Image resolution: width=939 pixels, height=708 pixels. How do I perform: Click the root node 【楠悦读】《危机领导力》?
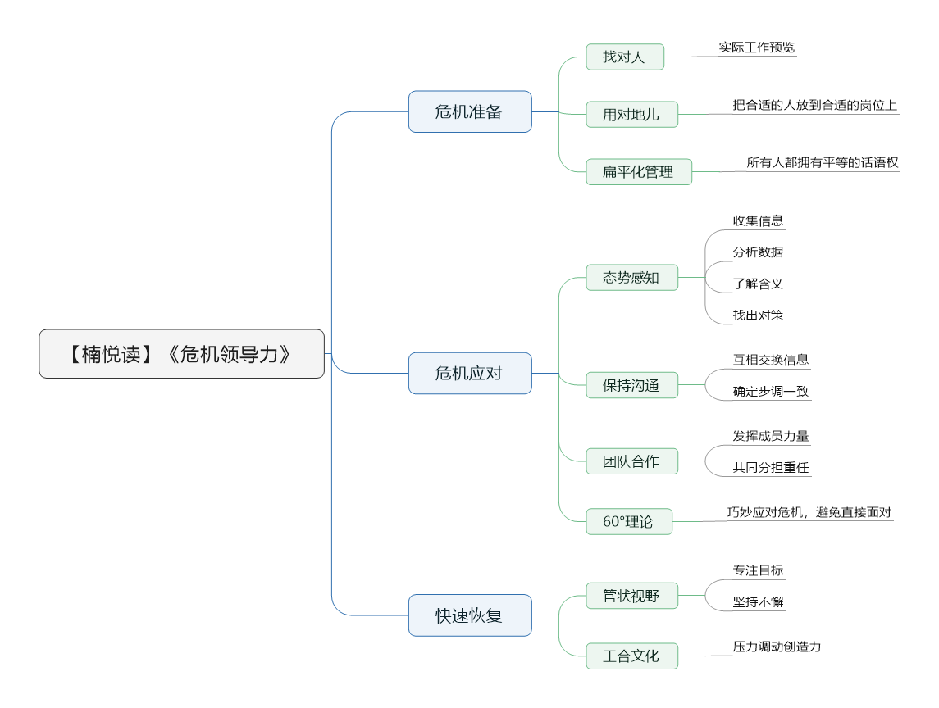tap(181, 354)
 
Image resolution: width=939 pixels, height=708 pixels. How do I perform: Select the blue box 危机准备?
tap(470, 112)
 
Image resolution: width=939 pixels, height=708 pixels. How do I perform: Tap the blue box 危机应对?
tap(470, 374)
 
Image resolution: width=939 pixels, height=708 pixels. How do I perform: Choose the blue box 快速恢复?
tap(470, 615)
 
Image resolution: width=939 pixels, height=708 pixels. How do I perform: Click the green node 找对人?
tap(625, 57)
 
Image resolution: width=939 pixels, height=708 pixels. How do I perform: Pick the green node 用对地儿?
tap(631, 114)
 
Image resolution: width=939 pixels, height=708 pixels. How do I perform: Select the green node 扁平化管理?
tap(638, 172)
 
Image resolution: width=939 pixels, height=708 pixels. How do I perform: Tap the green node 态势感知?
tap(631, 278)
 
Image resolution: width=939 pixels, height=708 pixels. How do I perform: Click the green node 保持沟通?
tap(631, 385)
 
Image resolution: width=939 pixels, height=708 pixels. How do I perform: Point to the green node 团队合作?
tap(631, 461)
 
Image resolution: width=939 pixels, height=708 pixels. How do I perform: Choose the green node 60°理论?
tap(629, 521)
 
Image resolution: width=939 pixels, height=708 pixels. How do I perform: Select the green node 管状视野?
tap(631, 596)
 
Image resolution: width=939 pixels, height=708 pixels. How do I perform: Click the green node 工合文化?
tap(631, 656)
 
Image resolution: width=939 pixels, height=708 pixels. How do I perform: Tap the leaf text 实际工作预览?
tap(757, 48)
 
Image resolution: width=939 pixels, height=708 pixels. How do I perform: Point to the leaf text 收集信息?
tap(758, 220)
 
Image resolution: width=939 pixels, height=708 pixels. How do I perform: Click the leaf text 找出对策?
tap(758, 315)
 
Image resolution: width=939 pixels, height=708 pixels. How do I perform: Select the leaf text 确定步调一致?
tap(771, 392)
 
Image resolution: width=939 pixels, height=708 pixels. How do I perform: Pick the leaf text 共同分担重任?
tap(771, 467)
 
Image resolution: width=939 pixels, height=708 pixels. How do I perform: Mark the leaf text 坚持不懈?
tap(758, 602)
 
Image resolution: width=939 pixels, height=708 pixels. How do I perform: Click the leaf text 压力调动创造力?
tap(777, 647)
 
